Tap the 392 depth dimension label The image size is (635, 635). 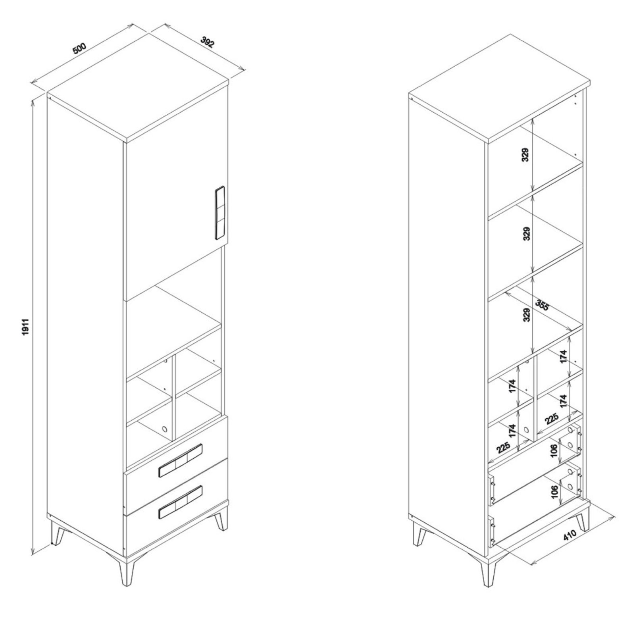[x=208, y=42]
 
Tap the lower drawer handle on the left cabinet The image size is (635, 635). [x=180, y=502]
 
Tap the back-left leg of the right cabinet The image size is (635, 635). [x=419, y=535]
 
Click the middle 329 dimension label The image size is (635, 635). [x=525, y=235]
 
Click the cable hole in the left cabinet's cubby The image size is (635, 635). [x=164, y=429]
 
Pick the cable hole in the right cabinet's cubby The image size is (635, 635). [x=526, y=429]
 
